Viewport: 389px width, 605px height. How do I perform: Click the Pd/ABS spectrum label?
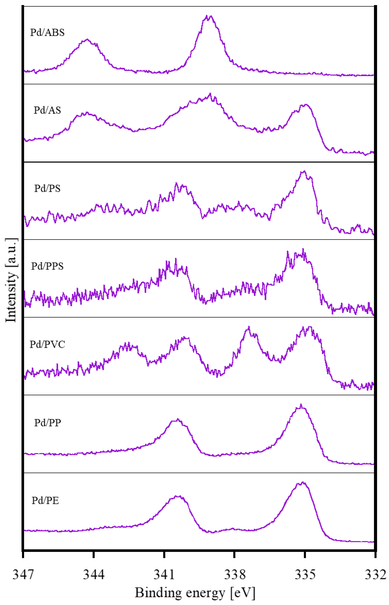pyautogui.click(x=47, y=33)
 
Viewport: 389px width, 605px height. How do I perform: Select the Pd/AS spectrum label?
pyautogui.click(x=47, y=110)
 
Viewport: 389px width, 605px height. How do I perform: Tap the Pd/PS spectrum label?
pyautogui.click(x=47, y=188)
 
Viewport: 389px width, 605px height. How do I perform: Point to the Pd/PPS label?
pyautogui.click(x=47, y=266)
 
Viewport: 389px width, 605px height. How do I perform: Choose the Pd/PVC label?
pyautogui.click(x=47, y=344)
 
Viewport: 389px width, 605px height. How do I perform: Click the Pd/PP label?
pyautogui.click(x=47, y=423)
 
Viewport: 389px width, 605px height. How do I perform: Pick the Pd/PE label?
pyautogui.click(x=45, y=500)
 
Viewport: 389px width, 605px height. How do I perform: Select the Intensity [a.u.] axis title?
pyautogui.click(x=11, y=280)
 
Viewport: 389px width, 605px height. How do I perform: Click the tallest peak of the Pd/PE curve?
pyautogui.click(x=303, y=482)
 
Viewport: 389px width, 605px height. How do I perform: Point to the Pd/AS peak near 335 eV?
pyautogui.click(x=306, y=104)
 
